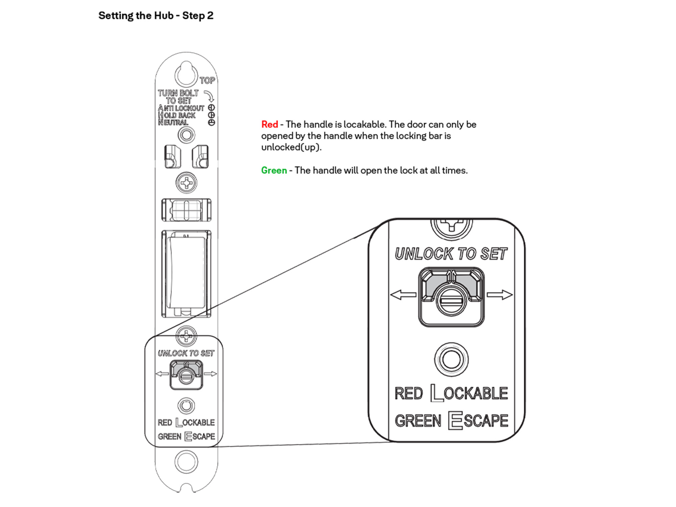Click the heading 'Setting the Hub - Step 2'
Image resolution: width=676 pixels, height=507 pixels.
[x=156, y=16]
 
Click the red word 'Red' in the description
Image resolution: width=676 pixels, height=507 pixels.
[x=269, y=124]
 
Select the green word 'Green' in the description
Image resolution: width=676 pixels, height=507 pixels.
[x=274, y=170]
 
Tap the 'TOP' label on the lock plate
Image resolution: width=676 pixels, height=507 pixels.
[x=207, y=80]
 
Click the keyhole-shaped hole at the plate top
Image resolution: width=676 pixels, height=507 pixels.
[x=186, y=73]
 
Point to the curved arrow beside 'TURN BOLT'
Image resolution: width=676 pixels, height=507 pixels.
[x=210, y=96]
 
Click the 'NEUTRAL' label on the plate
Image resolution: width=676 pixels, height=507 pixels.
[x=173, y=122]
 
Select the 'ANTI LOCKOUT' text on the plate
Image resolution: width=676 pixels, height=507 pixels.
[x=182, y=108]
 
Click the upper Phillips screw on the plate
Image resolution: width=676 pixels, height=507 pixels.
[x=186, y=183]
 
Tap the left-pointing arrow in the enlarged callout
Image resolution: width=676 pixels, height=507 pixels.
[x=403, y=295]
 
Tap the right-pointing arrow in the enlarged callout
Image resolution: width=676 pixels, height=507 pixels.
[x=500, y=295]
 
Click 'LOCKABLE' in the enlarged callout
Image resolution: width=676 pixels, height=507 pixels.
[x=469, y=393]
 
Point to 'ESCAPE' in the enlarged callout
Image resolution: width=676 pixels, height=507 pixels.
[x=478, y=421]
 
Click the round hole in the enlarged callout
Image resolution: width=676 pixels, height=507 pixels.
[x=451, y=359]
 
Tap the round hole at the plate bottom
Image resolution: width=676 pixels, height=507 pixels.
[x=186, y=462]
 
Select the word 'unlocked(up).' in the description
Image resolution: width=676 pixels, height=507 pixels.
[x=291, y=147]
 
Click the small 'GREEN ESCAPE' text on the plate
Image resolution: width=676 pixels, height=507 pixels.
[x=186, y=436]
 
